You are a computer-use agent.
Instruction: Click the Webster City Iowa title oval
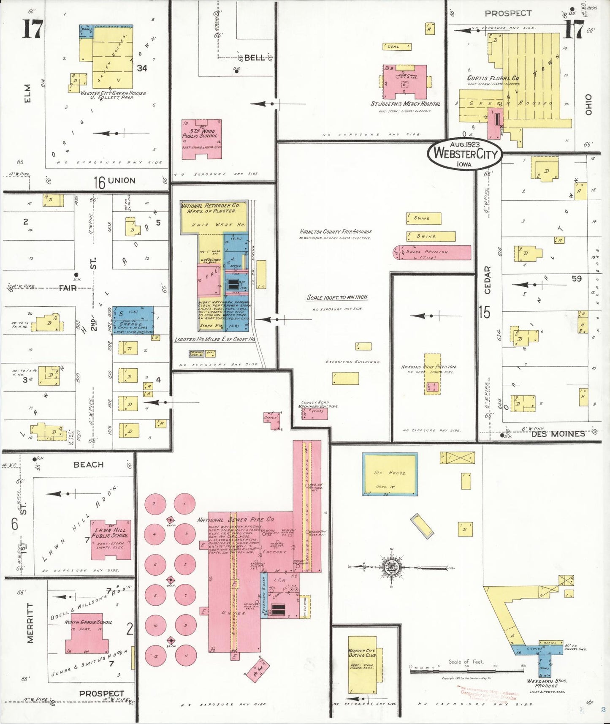click(x=465, y=154)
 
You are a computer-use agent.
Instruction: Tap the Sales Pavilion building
click(x=432, y=253)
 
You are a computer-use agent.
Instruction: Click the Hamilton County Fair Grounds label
click(x=336, y=232)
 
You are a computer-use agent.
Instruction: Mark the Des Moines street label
click(x=558, y=434)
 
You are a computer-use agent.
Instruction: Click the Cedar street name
click(x=488, y=280)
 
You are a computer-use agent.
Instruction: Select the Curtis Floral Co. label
click(x=493, y=78)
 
